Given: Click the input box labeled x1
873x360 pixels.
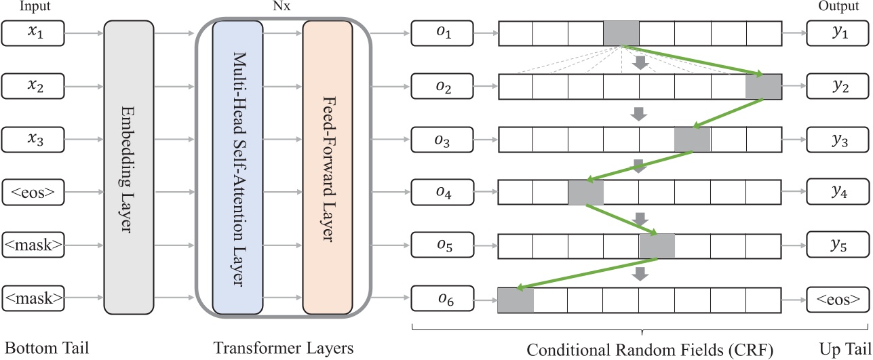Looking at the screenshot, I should (x=34, y=33).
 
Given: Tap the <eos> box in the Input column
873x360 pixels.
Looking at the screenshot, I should (x=34, y=194).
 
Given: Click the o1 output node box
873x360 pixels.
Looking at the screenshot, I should (x=443, y=33).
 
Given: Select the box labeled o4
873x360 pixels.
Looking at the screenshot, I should (x=443, y=194).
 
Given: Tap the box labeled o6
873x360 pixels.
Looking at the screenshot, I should (x=443, y=299).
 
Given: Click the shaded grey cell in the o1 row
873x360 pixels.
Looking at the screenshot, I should (x=621, y=33).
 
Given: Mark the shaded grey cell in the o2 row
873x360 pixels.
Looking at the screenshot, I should (x=763, y=87).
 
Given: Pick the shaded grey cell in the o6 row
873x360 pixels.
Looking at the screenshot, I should (x=516, y=300).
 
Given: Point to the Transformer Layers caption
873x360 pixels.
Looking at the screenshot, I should (x=284, y=349).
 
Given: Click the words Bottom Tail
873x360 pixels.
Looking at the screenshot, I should (x=45, y=349).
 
